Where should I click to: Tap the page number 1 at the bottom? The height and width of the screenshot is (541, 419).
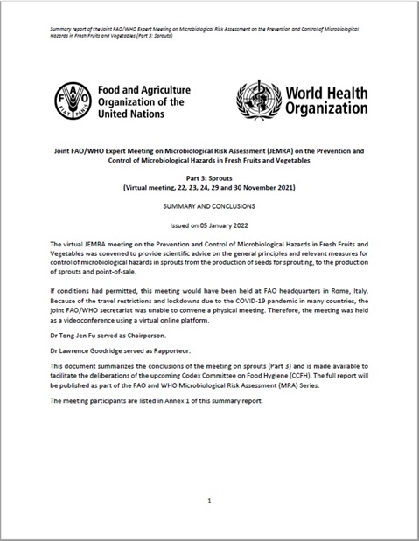tap(210, 502)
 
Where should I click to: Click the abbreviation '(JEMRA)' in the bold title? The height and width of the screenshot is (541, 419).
tap(283, 150)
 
